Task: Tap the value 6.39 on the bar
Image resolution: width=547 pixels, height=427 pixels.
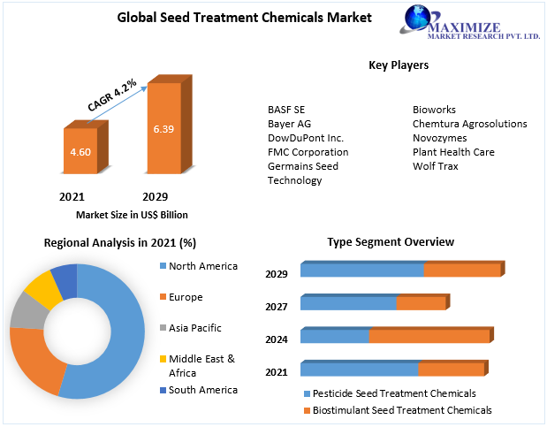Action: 163,129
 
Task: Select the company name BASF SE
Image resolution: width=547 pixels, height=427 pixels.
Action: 286,110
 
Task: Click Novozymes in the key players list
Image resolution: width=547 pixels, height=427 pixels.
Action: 439,138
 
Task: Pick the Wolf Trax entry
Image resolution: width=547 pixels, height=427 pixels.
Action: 437,166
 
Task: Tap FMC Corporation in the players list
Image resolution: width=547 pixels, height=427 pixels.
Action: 308,152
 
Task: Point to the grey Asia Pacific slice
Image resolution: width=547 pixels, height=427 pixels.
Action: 25,309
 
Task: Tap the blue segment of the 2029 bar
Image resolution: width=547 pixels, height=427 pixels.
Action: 361,271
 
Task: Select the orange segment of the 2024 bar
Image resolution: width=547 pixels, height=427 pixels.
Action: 429,336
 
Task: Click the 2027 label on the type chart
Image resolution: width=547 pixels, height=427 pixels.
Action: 277,306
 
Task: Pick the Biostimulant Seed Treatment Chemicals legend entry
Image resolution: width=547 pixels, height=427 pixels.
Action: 397,410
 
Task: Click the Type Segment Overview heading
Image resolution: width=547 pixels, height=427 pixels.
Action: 391,241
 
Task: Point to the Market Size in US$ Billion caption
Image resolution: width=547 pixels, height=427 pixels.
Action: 132,215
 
